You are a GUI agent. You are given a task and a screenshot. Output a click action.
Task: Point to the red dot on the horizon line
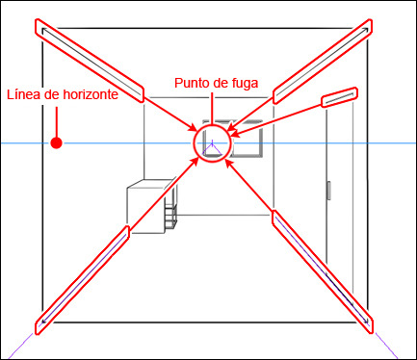(57, 142)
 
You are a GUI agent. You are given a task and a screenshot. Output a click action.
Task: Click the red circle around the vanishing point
(194, 142)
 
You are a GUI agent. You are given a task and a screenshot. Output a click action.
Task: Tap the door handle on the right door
(328, 191)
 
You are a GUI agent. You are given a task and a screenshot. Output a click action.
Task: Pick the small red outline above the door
(340, 97)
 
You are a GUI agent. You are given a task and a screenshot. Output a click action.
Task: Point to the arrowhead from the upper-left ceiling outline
(194, 128)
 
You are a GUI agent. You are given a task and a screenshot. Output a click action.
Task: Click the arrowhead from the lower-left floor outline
(194, 162)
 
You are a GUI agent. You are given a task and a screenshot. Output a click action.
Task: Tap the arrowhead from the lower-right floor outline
(229, 163)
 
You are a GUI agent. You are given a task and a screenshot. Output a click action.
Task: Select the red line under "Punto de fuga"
(212, 108)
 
